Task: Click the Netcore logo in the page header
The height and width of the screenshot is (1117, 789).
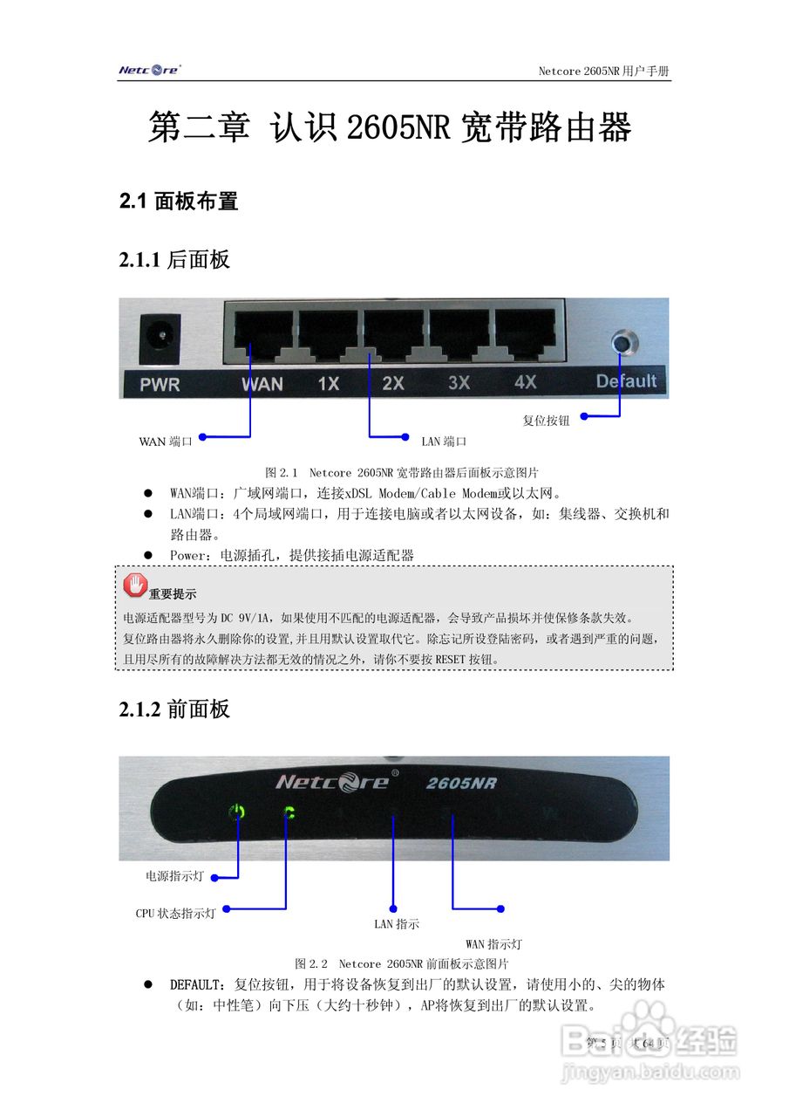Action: click(149, 70)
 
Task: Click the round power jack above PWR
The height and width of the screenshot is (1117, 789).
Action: click(160, 335)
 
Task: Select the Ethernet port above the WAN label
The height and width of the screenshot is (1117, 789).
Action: click(259, 334)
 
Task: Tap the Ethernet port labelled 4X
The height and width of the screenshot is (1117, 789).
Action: click(526, 334)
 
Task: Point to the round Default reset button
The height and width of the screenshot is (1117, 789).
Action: click(622, 342)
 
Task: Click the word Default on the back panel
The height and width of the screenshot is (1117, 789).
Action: click(626, 380)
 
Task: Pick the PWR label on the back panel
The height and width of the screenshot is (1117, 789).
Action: click(160, 384)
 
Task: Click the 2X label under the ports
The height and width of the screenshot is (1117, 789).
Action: click(393, 383)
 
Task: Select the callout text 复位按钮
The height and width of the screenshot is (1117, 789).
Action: click(547, 421)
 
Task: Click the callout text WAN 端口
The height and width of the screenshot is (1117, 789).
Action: click(166, 442)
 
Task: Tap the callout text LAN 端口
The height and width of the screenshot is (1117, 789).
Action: click(444, 442)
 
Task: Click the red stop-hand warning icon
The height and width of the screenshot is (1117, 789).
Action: click(135, 585)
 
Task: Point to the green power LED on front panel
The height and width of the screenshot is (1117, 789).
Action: click(237, 812)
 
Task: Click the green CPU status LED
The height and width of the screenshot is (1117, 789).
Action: click(288, 812)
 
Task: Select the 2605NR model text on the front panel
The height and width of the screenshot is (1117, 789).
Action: click(461, 783)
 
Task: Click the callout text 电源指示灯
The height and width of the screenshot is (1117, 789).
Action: click(174, 876)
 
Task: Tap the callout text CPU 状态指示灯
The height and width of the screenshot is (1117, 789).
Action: click(175, 914)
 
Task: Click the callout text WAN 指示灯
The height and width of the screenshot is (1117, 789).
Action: click(493, 944)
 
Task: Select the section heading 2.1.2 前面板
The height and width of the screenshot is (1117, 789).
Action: click(174, 709)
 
